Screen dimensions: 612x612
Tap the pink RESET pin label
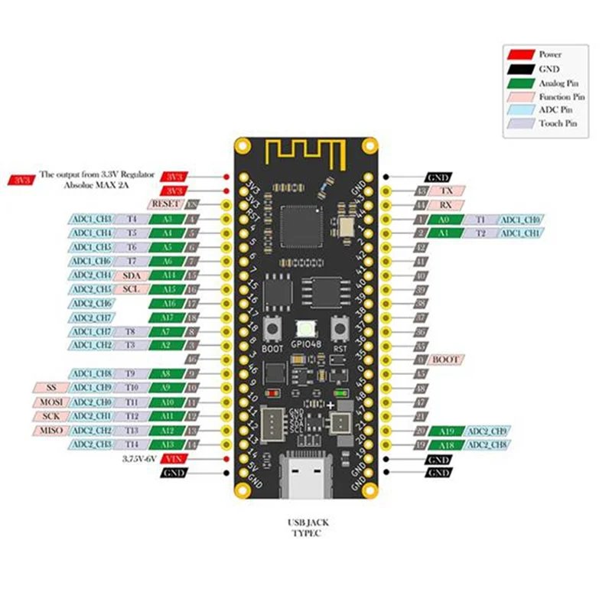pos(166,204)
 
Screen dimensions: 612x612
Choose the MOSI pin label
pos(48,402)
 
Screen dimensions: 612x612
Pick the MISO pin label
pos(48,430)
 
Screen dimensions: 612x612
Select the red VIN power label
pos(174,458)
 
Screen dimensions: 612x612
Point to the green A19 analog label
pos(446,431)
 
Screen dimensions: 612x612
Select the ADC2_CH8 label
pos(487,444)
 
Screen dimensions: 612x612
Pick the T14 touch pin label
pos(132,444)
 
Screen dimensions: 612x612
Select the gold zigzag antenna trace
pos(306,155)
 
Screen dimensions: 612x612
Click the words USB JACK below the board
pos(306,522)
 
